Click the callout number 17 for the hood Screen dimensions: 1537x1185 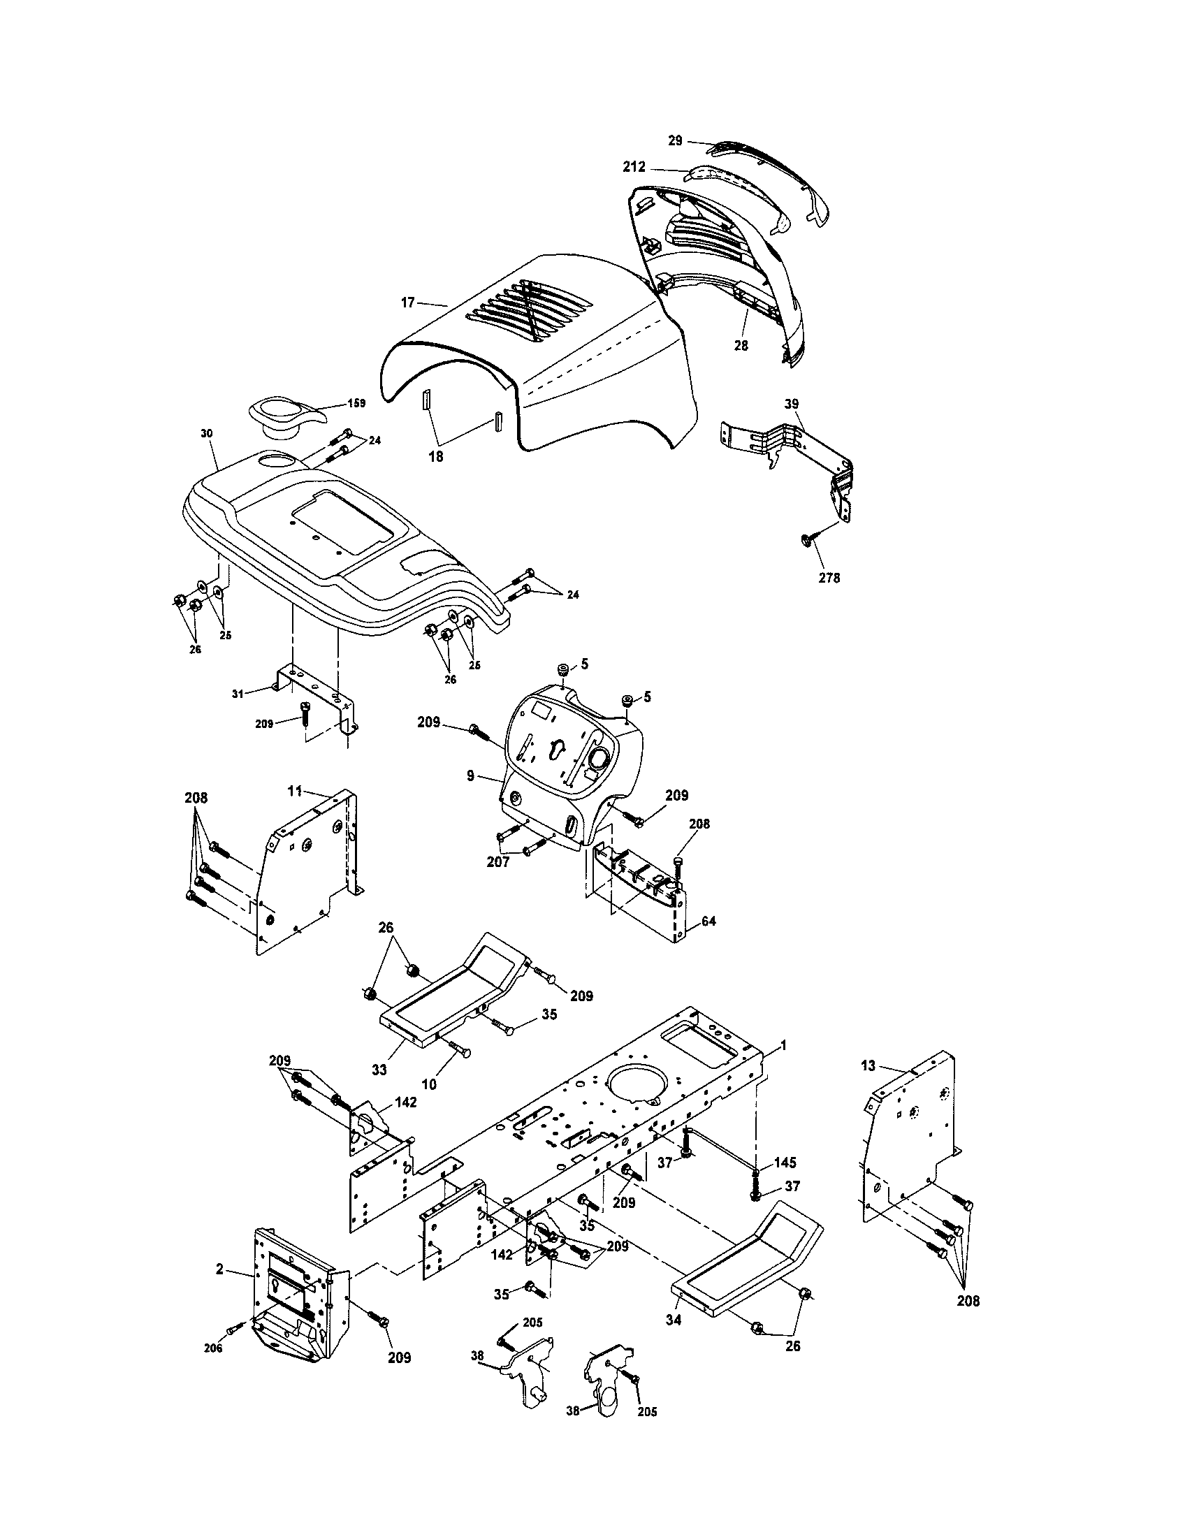pyautogui.click(x=408, y=303)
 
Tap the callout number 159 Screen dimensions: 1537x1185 pyautogui.click(x=356, y=403)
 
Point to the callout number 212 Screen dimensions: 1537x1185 pyautogui.click(x=634, y=168)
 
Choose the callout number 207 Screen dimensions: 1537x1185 pyautogui.click(x=498, y=861)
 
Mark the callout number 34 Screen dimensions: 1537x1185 pyautogui.click(x=674, y=1320)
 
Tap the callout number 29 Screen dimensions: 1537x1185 pyautogui.click(x=675, y=140)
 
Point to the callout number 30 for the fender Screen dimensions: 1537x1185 pyautogui.click(x=206, y=434)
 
